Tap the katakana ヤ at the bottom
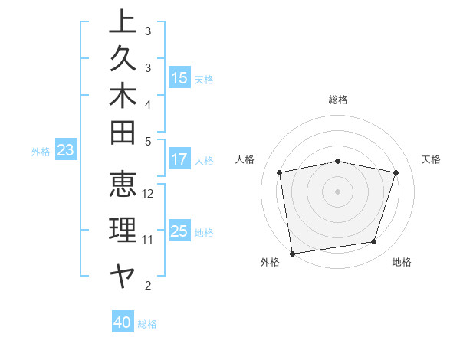(123, 274)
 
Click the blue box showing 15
(179, 78)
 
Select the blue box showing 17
(179, 160)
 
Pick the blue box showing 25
(179, 231)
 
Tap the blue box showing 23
(65, 151)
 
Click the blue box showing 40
(123, 322)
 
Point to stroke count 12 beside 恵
(149, 194)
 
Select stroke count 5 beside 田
(148, 141)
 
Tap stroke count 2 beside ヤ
(148, 286)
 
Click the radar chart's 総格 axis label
(338, 100)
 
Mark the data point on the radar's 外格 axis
(292, 252)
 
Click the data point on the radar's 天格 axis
(396, 172)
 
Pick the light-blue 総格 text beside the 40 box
(147, 324)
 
